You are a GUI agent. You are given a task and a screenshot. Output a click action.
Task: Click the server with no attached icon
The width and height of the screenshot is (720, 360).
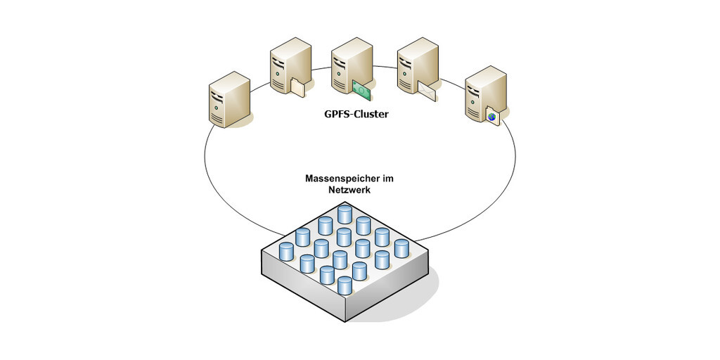(229, 99)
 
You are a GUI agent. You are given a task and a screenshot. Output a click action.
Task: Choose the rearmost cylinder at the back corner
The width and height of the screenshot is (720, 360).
(345, 214)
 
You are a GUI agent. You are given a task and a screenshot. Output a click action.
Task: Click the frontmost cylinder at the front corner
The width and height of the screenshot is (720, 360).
(345, 285)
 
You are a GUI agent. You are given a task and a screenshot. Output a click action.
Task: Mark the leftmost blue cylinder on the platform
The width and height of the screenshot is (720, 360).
(286, 250)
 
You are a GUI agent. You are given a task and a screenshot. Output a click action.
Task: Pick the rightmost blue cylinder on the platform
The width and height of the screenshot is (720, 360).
(401, 248)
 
